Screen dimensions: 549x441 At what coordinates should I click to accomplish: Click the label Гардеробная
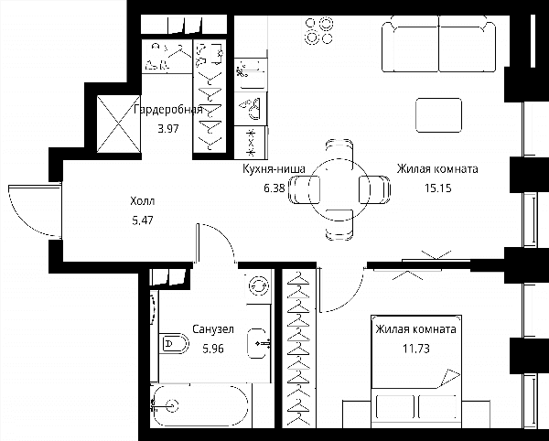(x=168, y=110)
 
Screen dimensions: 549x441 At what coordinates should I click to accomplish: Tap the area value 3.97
(x=168, y=129)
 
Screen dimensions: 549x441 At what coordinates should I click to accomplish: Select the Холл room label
(x=142, y=201)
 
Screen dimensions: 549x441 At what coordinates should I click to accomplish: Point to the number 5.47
(x=143, y=220)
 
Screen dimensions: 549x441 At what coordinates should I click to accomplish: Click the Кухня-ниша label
(x=274, y=169)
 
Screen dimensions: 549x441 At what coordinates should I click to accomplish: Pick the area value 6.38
(x=274, y=188)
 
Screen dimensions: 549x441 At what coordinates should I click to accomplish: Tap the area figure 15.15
(x=438, y=188)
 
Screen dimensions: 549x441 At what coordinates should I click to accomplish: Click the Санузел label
(x=213, y=329)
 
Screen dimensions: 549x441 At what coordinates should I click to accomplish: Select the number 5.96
(x=213, y=349)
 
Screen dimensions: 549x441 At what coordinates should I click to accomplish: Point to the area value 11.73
(x=416, y=349)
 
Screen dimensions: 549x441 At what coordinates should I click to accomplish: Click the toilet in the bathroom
(x=174, y=343)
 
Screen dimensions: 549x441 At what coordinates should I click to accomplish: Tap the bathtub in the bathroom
(x=200, y=406)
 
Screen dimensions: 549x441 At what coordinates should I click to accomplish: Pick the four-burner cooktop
(x=318, y=31)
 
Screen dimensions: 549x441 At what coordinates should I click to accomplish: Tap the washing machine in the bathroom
(x=259, y=286)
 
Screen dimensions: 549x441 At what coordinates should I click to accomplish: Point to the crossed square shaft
(x=119, y=124)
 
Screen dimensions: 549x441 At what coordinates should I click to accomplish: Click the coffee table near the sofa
(x=438, y=115)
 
